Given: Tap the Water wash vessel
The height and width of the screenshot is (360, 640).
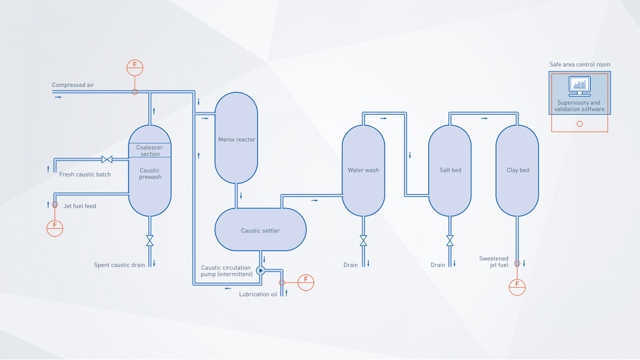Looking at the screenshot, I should pyautogui.click(x=363, y=170).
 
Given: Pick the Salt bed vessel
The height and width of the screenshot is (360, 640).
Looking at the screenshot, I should pyautogui.click(x=450, y=170).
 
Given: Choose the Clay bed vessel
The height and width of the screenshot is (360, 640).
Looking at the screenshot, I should pyautogui.click(x=517, y=170).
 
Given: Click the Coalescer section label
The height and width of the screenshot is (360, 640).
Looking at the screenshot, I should pyautogui.click(x=150, y=150).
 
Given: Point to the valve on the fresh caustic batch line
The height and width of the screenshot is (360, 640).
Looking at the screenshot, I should pyautogui.click(x=106, y=159).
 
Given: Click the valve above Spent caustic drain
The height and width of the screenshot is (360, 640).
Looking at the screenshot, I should pyautogui.click(x=150, y=241).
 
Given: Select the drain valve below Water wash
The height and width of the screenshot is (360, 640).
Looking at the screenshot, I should pyautogui.click(x=363, y=241).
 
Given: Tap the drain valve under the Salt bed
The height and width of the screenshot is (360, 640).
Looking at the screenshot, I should pyautogui.click(x=450, y=241).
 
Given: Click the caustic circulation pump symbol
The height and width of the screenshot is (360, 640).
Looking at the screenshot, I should pyautogui.click(x=260, y=270).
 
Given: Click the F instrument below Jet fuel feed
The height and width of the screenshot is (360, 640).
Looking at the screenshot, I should pyautogui.click(x=55, y=228).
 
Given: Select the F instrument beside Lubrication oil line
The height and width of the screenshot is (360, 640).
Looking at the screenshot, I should pyautogui.click(x=306, y=282).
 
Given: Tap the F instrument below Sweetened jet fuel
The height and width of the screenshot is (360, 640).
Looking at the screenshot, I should pyautogui.click(x=517, y=286).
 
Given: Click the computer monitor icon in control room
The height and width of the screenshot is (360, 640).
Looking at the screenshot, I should pyautogui.click(x=579, y=84).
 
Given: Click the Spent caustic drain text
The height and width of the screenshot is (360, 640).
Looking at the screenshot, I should pyautogui.click(x=121, y=265).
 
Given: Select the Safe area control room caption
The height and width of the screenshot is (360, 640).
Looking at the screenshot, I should pyautogui.click(x=580, y=65).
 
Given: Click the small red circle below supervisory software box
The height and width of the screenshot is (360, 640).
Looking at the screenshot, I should pyautogui.click(x=580, y=124).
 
